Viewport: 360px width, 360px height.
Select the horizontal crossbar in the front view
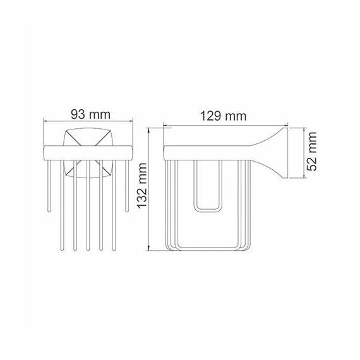(x=88, y=152)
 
